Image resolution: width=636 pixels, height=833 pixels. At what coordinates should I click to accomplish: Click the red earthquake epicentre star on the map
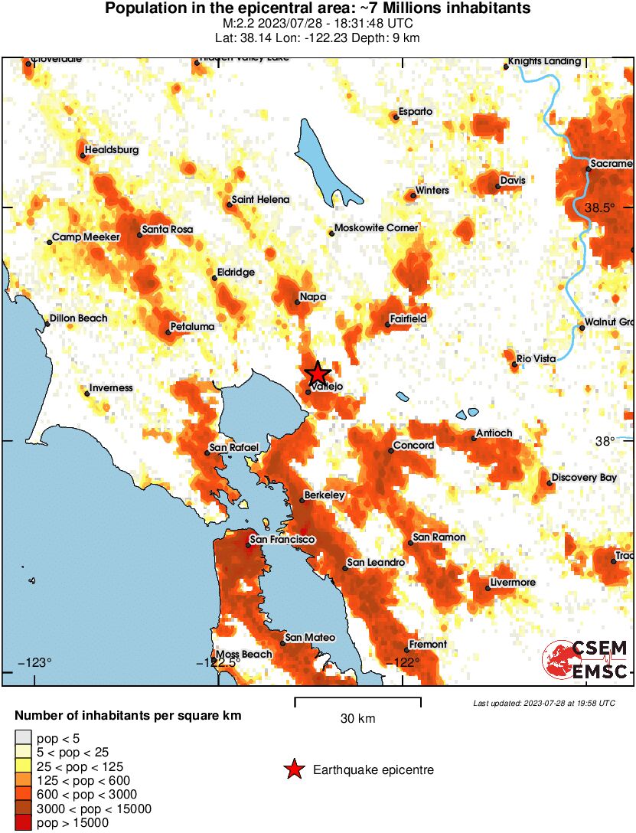[318, 374]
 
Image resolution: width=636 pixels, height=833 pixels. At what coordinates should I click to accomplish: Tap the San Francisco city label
[282, 540]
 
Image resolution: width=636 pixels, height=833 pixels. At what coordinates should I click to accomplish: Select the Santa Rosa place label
[168, 229]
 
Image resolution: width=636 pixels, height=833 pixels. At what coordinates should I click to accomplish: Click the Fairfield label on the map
[408, 318]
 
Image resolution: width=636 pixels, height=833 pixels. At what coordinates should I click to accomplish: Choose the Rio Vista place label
[536, 358]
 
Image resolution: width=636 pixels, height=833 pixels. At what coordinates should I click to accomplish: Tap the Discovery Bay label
[584, 477]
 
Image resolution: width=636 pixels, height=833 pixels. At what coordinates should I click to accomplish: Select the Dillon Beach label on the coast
[78, 318]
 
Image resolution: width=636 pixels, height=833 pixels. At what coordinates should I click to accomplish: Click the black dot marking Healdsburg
[83, 155]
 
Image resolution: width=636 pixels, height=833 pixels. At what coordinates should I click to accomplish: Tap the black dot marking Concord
[390, 450]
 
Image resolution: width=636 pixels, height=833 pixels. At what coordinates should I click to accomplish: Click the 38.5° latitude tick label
[600, 207]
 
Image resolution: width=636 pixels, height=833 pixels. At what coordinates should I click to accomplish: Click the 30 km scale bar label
[357, 719]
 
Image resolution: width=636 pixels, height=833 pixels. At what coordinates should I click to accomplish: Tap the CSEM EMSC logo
[585, 659]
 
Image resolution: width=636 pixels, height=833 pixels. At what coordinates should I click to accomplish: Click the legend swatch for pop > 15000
[23, 822]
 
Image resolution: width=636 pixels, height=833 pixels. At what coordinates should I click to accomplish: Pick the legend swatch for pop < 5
[23, 738]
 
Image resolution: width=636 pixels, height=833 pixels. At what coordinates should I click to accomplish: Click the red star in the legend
[293, 769]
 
